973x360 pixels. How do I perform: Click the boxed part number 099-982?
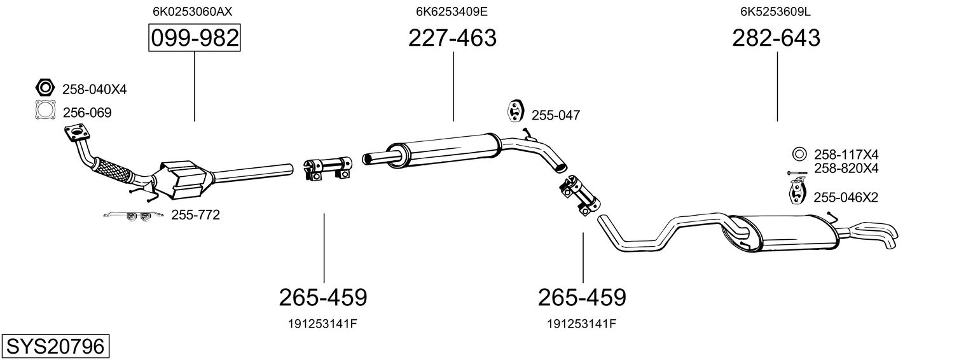(195, 38)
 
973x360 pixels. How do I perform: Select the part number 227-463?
(452, 38)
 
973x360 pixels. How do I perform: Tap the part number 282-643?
(776, 38)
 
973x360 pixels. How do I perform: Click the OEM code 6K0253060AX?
(193, 11)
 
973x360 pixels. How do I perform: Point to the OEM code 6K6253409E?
(452, 11)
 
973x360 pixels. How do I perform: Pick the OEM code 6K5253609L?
(775, 11)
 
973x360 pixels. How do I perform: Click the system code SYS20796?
(55, 347)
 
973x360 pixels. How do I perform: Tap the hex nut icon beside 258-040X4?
(45, 88)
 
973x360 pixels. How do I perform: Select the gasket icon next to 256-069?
(46, 110)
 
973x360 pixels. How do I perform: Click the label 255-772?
(195, 215)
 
